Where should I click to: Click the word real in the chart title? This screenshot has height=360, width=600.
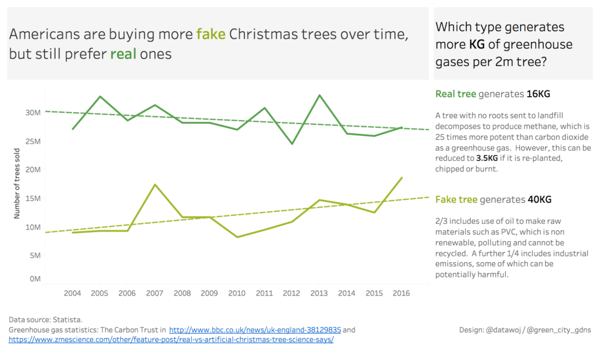(123, 55)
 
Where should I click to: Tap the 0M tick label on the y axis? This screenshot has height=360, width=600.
(34, 279)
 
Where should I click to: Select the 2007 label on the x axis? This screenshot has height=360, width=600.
(155, 293)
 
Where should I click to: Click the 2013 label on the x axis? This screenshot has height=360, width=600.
(319, 293)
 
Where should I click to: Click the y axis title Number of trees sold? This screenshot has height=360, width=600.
(18, 184)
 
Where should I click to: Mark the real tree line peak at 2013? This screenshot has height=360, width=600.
(319, 95)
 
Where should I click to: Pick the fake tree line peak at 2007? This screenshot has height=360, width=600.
(155, 185)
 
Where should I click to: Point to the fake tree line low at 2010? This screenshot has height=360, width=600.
(237, 237)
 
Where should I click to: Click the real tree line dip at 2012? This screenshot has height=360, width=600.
(291, 144)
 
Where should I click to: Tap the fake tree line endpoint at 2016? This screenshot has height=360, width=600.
(401, 178)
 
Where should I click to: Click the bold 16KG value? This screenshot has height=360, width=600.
(538, 94)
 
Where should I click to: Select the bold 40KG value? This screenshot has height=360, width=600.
(540, 199)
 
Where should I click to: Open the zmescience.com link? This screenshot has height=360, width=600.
(171, 339)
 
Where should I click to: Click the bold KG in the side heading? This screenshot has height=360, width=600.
(477, 45)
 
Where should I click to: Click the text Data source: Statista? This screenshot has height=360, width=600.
(46, 320)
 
